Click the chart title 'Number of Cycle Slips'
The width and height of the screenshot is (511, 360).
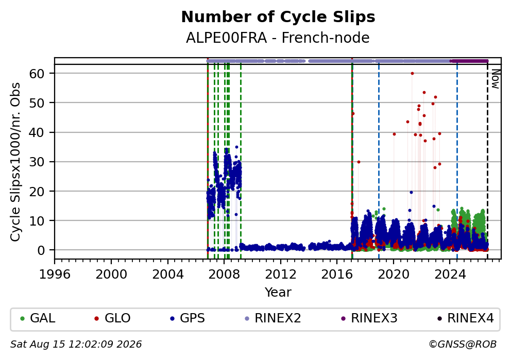(278, 17)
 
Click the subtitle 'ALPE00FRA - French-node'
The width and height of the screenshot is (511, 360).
(278, 38)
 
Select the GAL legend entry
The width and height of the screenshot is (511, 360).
(38, 318)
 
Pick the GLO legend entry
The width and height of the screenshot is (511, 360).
(112, 318)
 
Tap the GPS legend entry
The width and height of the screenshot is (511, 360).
(188, 318)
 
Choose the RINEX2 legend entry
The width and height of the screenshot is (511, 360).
(273, 318)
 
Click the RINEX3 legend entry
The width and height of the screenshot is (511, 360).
(369, 318)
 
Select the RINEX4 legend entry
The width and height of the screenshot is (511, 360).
(465, 318)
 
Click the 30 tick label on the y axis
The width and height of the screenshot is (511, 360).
(37, 162)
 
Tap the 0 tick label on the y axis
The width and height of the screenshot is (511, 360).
(41, 250)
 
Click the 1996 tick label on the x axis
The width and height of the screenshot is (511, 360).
(55, 275)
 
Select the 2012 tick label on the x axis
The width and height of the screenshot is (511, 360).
(280, 275)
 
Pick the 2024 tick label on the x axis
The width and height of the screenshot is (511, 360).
(450, 275)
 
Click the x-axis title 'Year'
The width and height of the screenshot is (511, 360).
(278, 292)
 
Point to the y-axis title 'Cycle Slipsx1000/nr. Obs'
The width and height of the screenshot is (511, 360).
(15, 162)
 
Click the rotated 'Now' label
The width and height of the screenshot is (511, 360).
(496, 79)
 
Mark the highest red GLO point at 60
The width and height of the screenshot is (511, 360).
(412, 73)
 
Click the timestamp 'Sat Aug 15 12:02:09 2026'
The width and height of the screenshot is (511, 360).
(76, 345)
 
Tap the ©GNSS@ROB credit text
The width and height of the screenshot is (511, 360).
(463, 345)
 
